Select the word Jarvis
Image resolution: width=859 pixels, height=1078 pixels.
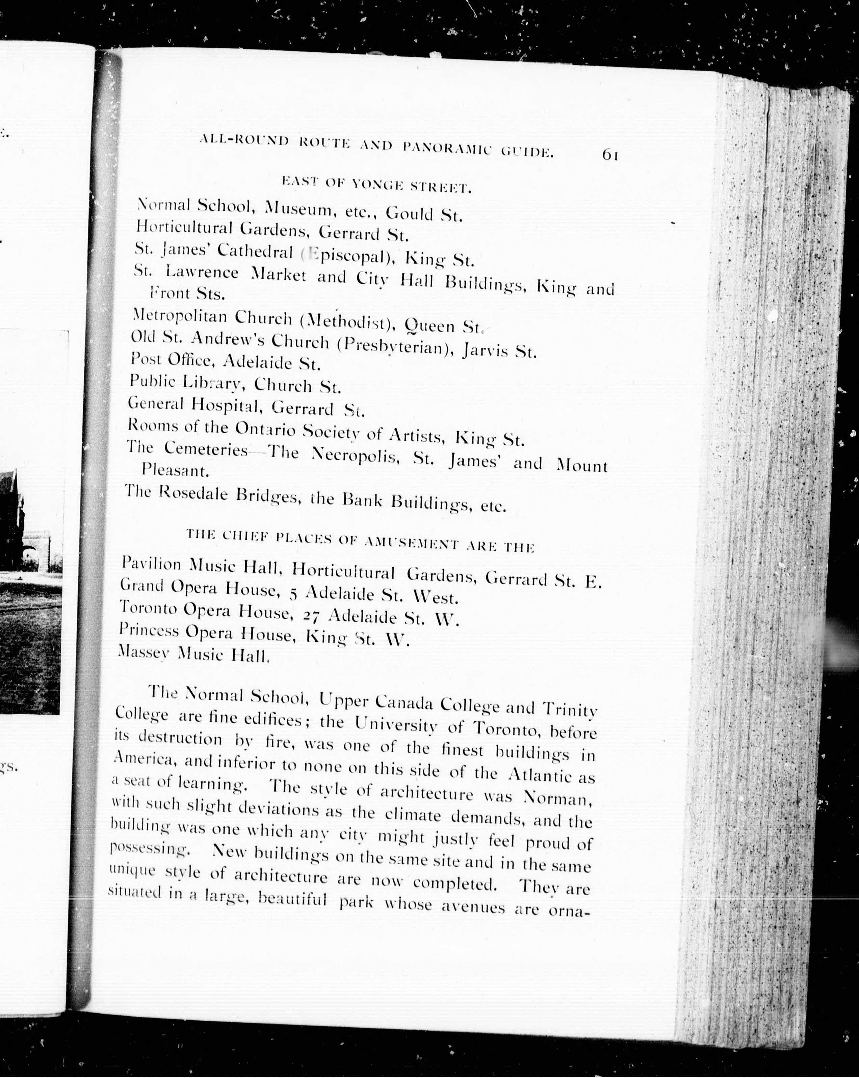(x=483, y=352)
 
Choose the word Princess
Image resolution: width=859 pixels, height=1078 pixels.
(x=149, y=631)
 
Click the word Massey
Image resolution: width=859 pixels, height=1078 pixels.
(x=145, y=651)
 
